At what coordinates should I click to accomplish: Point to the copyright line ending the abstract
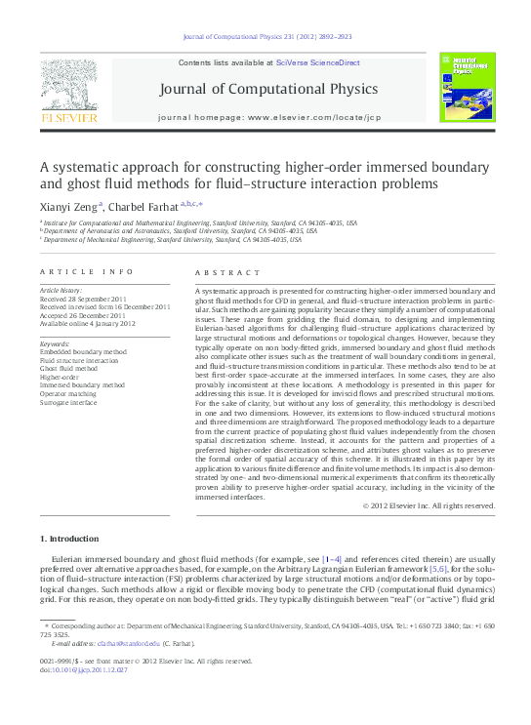(x=429, y=505)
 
